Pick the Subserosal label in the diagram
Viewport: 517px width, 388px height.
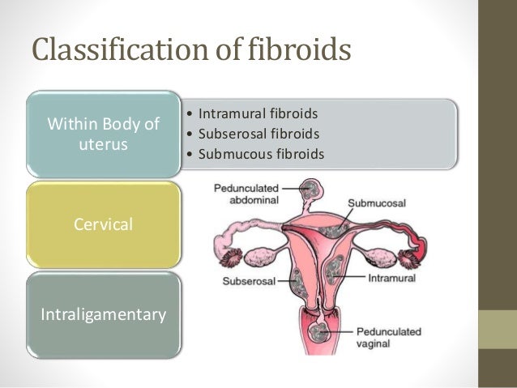pos(248,282)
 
